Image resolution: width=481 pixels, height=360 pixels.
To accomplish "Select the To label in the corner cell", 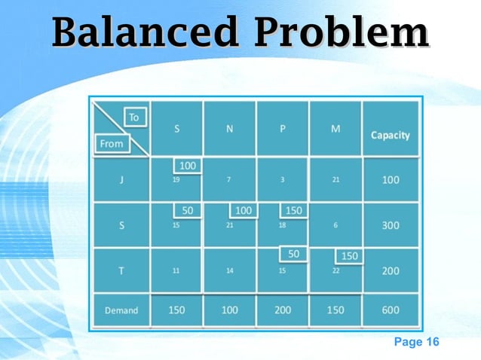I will click(134, 117).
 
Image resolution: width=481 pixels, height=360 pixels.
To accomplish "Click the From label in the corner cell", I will click(111, 143).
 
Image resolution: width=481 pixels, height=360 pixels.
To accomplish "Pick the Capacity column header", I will click(390, 136).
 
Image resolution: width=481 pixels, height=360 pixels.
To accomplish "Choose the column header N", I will click(229, 129).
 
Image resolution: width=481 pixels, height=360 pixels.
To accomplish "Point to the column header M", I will click(335, 129).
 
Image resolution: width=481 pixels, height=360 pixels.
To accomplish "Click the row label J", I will click(121, 180).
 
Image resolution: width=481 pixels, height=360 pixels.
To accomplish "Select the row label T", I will click(121, 270).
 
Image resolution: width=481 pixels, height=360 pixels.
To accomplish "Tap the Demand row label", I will click(121, 310).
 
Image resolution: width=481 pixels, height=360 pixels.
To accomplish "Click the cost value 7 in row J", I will click(229, 180).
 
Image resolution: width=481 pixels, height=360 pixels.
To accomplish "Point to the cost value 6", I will click(335, 225).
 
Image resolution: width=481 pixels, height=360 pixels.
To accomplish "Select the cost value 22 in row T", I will click(335, 270).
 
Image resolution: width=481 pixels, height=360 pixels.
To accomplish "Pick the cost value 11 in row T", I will click(176, 270).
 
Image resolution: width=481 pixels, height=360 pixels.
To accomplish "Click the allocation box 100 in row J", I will click(188, 165).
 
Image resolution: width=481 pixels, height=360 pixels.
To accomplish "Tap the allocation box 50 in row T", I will click(293, 255).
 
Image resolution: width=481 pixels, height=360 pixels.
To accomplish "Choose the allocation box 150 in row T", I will click(349, 256).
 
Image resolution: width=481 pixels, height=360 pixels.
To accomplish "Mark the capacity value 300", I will click(390, 225).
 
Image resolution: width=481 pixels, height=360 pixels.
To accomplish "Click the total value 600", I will click(390, 310).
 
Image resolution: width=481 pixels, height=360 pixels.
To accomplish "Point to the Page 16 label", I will click(416, 343).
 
